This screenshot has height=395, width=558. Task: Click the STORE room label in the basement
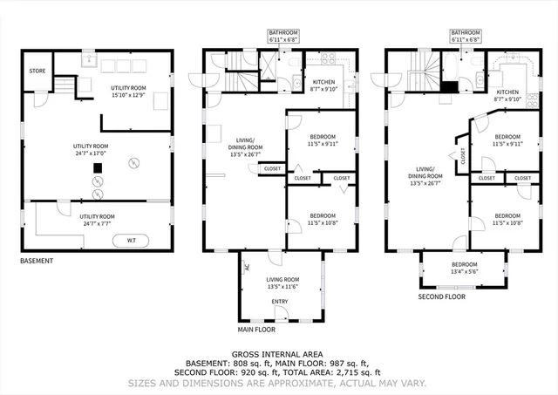(x=37, y=71)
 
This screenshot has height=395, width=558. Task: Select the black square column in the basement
(x=99, y=168)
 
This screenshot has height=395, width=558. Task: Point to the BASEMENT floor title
(x=37, y=261)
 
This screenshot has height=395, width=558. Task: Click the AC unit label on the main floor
(x=246, y=268)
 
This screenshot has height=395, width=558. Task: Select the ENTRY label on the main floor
(x=280, y=302)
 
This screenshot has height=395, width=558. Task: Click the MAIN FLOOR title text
(x=259, y=330)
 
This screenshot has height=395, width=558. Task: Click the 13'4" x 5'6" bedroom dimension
(x=464, y=270)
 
